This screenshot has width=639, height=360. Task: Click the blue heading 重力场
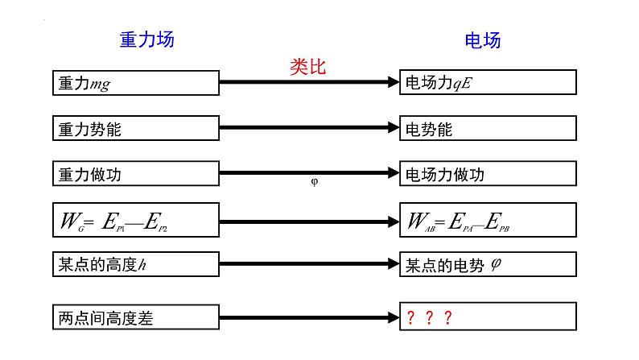point(146,39)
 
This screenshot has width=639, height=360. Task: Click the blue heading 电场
point(483,40)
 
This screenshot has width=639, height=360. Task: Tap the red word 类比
point(307,67)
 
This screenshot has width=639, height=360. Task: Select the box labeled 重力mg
point(134,83)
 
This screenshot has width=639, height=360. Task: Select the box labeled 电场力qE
point(488,83)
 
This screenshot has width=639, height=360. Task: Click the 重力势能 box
point(134,128)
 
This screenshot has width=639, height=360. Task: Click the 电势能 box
point(488,128)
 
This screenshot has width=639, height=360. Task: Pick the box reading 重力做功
point(134,173)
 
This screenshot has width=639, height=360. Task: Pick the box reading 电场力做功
point(488,173)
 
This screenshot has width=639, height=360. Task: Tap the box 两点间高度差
point(134,317)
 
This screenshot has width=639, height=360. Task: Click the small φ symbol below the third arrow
point(315,182)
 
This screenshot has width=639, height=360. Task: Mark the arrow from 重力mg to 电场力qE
point(309,82)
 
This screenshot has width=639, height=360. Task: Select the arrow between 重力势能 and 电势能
point(309,127)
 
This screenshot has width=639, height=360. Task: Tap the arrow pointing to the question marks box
point(309,317)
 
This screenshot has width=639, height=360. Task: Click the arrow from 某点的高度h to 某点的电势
point(309,264)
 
